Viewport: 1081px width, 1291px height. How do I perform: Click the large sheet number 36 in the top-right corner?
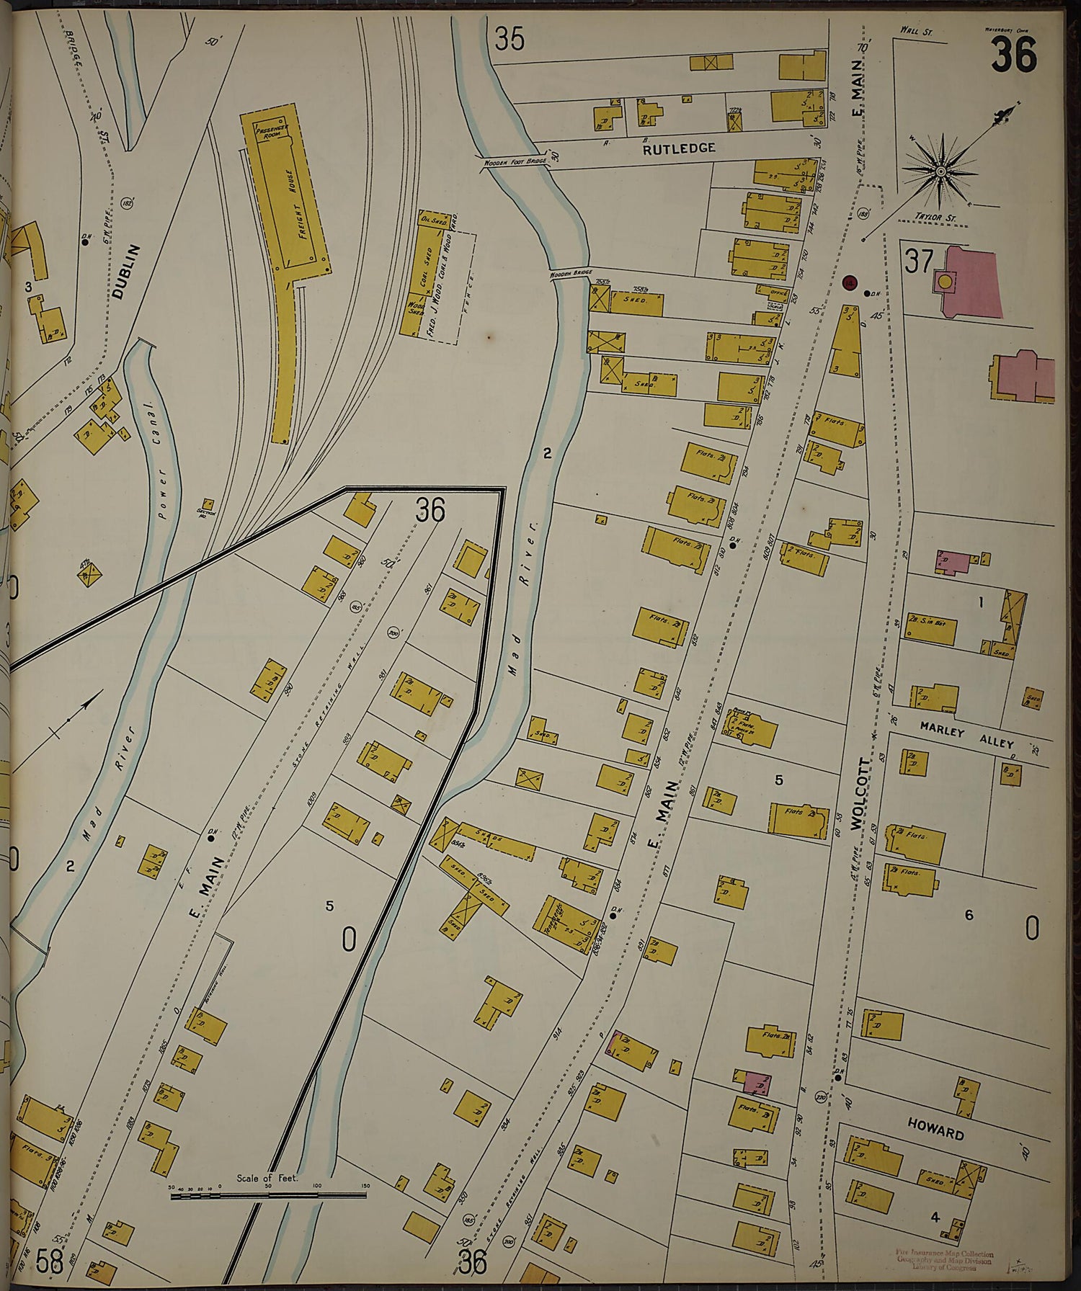tap(1014, 54)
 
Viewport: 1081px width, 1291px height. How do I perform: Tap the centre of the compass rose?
tap(940, 171)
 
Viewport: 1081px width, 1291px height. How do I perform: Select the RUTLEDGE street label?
tap(679, 148)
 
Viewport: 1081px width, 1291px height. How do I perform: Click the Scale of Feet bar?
tap(268, 1195)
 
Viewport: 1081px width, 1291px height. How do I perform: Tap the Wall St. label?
tap(916, 31)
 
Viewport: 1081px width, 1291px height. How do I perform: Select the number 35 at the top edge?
tap(510, 39)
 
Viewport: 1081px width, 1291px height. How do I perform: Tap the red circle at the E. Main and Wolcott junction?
tap(849, 283)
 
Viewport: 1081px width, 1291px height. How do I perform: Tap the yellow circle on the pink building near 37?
tap(943, 282)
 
